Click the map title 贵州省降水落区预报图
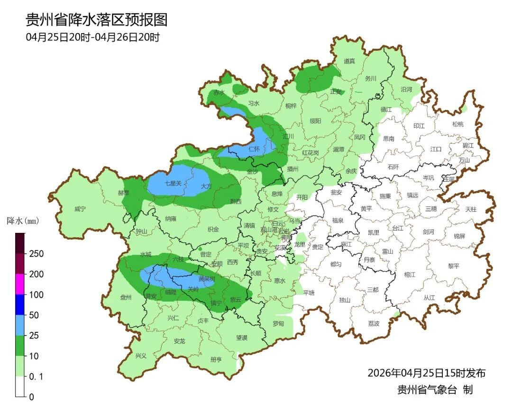coord(97,20)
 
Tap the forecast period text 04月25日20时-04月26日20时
coord(93,37)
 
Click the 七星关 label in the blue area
coord(173,183)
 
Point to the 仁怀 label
coord(254,149)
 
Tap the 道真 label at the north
coord(349,61)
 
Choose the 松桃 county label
coord(457,124)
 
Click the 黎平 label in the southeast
coord(454,266)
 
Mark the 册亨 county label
coord(216,360)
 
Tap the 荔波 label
coord(374,324)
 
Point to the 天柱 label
coord(471,209)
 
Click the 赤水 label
coord(219,93)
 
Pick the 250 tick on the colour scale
coord(36,254)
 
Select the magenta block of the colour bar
coord(20,284)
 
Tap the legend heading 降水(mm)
coord(22,221)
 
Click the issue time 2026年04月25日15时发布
coord(427,373)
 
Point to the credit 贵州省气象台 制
coord(435,390)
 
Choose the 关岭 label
coord(193,289)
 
